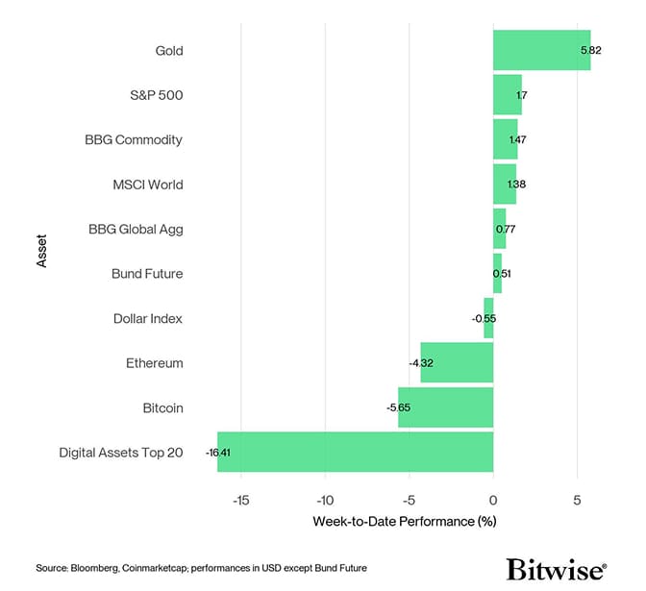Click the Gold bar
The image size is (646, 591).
click(541, 50)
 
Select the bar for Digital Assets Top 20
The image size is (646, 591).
click(356, 452)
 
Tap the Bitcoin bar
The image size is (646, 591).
click(445, 407)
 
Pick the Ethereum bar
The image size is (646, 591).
click(457, 362)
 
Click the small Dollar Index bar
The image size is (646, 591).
click(488, 318)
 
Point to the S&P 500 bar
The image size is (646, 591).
click(507, 95)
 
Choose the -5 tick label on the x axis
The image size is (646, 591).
click(409, 500)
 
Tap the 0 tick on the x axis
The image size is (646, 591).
click(493, 500)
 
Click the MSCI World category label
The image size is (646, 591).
click(147, 185)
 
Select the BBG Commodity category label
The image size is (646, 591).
click(134, 139)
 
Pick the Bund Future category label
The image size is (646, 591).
click(146, 274)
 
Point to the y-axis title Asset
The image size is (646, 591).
click(41, 252)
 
